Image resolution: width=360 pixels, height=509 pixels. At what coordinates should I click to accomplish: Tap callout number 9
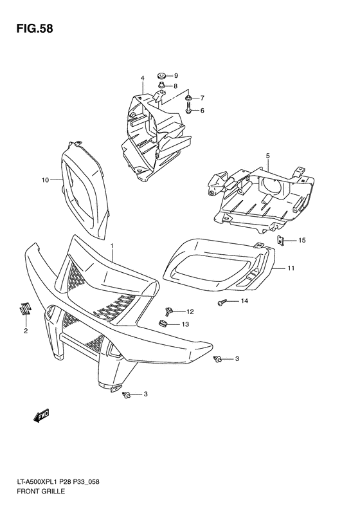(x=175, y=76)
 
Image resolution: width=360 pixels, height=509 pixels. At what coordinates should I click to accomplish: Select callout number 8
(x=175, y=86)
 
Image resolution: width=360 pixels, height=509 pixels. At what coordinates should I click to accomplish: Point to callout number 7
(x=201, y=98)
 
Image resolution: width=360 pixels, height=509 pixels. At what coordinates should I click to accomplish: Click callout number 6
(x=201, y=111)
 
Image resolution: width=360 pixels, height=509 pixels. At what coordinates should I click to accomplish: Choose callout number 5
(x=267, y=156)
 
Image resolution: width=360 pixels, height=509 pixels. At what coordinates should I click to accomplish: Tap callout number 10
(x=46, y=180)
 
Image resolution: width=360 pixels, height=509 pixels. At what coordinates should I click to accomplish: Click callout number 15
(x=302, y=241)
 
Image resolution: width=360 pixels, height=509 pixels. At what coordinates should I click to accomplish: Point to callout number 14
(x=244, y=301)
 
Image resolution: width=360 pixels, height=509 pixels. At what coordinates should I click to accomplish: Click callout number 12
(x=190, y=311)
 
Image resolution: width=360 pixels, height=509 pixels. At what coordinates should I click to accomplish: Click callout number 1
(x=112, y=246)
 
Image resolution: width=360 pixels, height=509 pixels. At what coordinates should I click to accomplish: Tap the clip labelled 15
(x=282, y=241)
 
